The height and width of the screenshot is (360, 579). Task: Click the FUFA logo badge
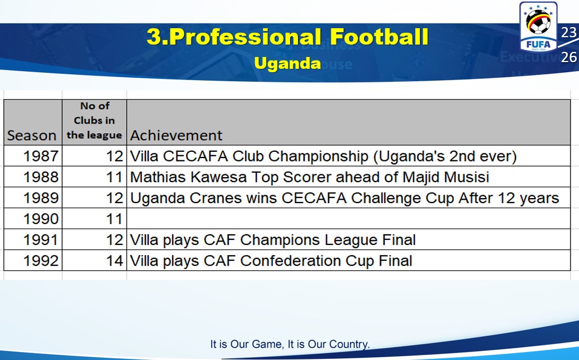(x=538, y=27)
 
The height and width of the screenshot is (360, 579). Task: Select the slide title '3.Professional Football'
(x=287, y=37)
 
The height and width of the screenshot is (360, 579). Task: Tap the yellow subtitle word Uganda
(x=287, y=63)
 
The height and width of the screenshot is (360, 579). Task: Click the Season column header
(x=32, y=135)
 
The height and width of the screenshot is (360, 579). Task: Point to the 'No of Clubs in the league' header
(x=94, y=120)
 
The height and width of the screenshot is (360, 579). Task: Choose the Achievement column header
(x=176, y=135)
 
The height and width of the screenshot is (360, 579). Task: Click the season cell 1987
(x=41, y=156)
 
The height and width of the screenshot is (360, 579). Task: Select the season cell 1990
(x=41, y=219)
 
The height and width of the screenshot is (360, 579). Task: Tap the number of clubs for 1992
(x=115, y=261)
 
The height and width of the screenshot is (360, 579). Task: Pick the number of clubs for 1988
(x=115, y=177)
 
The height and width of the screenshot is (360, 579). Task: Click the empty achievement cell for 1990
(x=349, y=218)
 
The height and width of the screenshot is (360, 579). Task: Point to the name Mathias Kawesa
(x=188, y=177)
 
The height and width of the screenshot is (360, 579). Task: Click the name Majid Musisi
(x=446, y=177)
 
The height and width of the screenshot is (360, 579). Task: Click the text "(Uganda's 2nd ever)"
(x=445, y=156)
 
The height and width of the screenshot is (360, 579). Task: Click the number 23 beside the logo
(x=569, y=33)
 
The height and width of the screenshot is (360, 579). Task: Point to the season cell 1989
(x=41, y=198)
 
